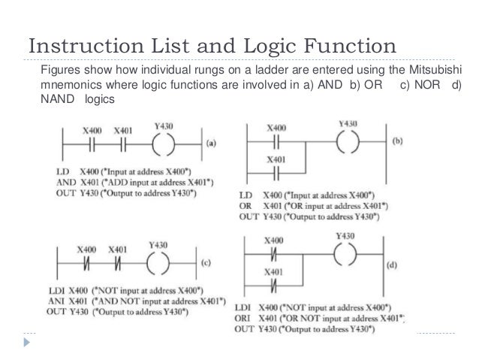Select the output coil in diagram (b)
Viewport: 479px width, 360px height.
click(348, 141)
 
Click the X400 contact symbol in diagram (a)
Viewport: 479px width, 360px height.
click(93, 141)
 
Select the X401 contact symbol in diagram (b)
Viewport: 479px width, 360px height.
click(276, 171)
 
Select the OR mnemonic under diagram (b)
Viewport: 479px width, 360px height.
click(245, 207)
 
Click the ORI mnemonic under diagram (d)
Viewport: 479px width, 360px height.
click(244, 318)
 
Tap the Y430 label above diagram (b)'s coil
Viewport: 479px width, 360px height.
click(348, 123)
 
